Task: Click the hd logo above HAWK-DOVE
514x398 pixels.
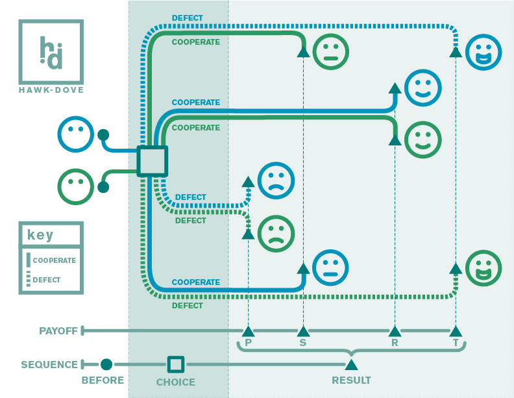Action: [x=51, y=52]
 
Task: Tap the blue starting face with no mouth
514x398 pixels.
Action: [x=76, y=134]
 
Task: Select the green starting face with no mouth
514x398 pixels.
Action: [x=76, y=186]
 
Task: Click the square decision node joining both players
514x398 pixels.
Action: [x=153, y=161]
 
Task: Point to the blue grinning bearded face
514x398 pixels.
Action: [x=483, y=52]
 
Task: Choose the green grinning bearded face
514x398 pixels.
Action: [x=483, y=268]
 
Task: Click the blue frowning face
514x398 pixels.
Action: [x=276, y=180]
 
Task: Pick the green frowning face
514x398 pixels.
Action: [x=276, y=234]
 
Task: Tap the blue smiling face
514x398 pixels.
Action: [x=423, y=88]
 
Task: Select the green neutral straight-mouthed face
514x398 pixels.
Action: [x=331, y=52]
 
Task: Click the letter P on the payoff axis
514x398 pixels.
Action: [x=248, y=343]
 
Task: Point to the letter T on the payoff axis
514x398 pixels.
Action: [x=456, y=343]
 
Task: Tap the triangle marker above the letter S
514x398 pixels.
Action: [x=303, y=331]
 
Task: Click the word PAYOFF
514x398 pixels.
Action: [x=58, y=330]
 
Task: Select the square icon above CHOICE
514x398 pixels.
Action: [x=176, y=364]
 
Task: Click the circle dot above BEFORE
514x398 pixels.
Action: [x=106, y=364]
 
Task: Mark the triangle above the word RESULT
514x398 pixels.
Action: [x=351, y=364]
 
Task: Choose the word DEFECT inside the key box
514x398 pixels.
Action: [x=47, y=280]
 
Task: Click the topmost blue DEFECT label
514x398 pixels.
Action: [x=188, y=18]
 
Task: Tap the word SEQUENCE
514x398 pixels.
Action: [x=49, y=364]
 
